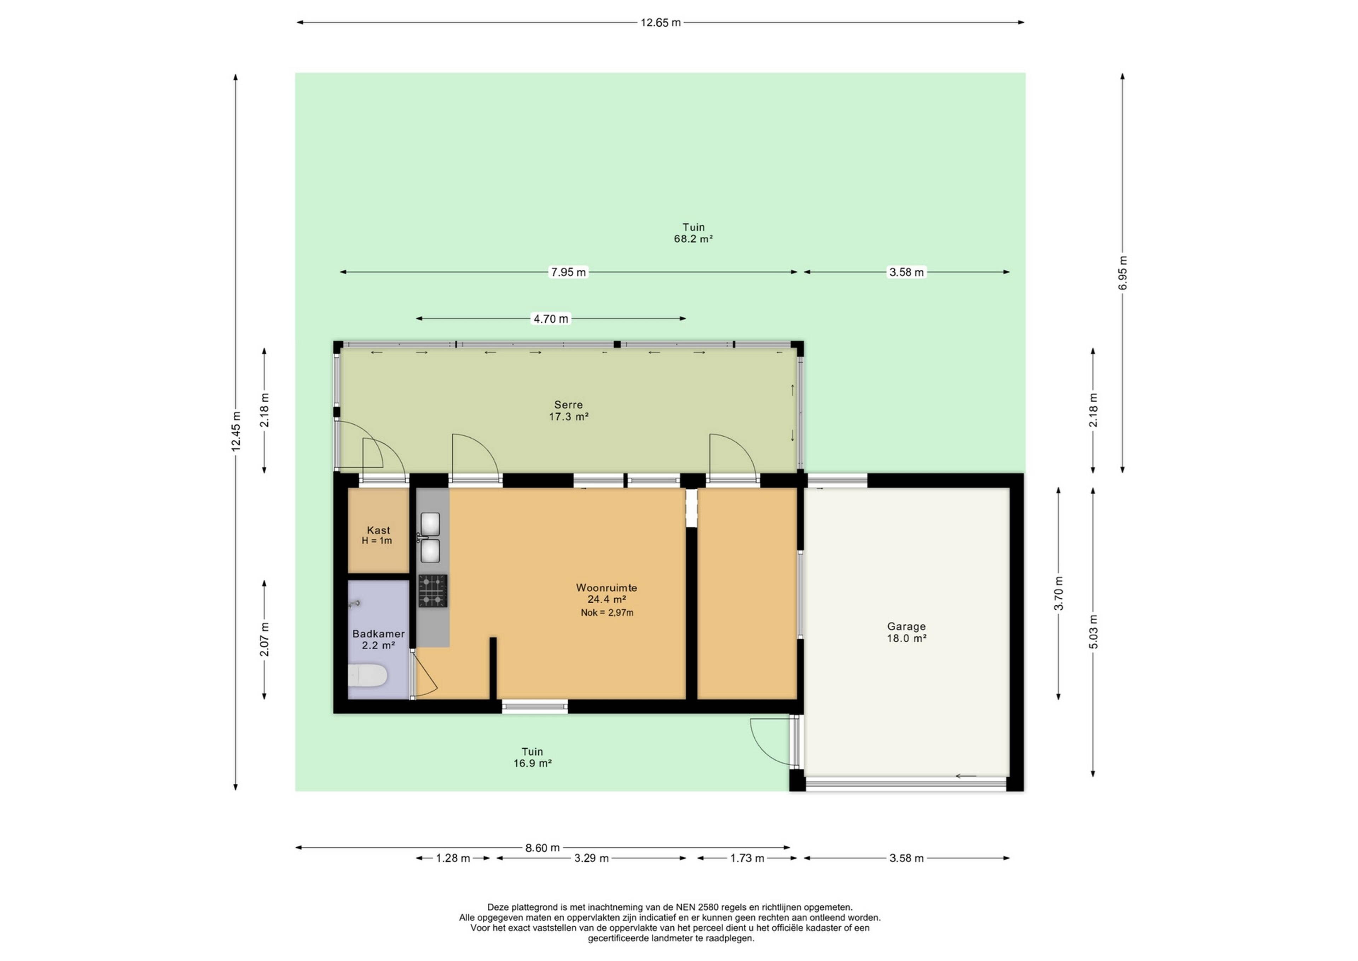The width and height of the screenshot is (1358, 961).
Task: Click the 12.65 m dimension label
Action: tap(661, 23)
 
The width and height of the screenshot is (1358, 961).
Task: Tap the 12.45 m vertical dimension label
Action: tap(236, 431)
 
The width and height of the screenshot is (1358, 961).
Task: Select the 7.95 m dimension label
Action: tap(568, 272)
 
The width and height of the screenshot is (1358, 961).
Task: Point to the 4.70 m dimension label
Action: tap(551, 319)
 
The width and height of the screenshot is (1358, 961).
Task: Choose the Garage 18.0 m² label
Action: tap(906, 632)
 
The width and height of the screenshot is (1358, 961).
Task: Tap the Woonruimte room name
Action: tap(606, 588)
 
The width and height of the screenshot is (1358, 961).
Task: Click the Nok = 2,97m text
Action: tap(607, 612)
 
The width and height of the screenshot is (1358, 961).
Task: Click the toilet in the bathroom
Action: tap(367, 675)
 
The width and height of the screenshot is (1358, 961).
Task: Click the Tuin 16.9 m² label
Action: tap(532, 758)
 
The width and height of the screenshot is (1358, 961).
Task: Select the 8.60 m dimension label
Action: tap(542, 848)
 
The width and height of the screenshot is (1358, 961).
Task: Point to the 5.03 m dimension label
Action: tap(1093, 632)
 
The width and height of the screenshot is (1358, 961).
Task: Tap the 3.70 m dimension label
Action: tap(1059, 593)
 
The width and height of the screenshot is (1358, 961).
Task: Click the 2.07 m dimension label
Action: tap(265, 640)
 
